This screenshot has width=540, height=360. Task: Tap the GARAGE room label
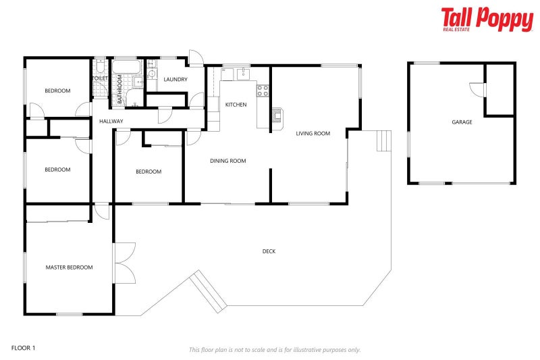coord(462,122)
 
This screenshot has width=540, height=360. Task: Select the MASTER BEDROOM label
coord(69,267)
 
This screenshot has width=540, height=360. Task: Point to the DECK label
coord(269,251)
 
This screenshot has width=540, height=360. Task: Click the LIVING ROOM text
coord(313,134)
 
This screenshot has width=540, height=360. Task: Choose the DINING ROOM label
coord(227,161)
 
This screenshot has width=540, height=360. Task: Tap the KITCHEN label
coord(236,105)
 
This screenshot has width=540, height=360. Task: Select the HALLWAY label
coord(111,122)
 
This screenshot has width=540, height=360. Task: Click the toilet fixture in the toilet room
coord(99,67)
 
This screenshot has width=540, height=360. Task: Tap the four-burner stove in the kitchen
coord(263,88)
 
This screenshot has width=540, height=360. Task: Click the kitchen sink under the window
coord(242,72)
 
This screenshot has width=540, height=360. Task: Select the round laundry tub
coord(151,75)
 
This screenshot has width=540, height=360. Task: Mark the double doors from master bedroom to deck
coord(124,263)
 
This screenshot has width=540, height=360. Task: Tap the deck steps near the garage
coord(383,140)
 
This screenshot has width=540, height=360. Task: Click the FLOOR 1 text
coord(23,348)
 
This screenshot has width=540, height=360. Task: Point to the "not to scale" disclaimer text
coord(274,349)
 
